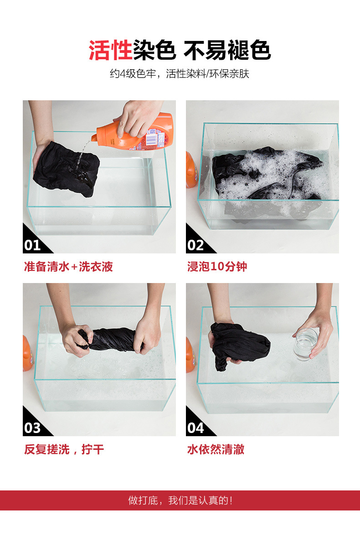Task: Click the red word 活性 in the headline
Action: [x=110, y=50]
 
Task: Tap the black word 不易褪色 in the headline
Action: [x=227, y=50]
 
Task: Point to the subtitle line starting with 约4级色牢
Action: [x=180, y=73]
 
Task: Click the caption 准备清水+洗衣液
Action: [x=68, y=267]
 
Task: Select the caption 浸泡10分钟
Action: [x=217, y=267]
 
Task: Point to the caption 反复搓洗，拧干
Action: [x=64, y=449]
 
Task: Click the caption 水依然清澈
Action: [x=216, y=449]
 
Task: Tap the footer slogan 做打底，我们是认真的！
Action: [x=180, y=500]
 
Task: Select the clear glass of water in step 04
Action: [x=305, y=344]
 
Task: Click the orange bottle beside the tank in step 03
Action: [x=27, y=354]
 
